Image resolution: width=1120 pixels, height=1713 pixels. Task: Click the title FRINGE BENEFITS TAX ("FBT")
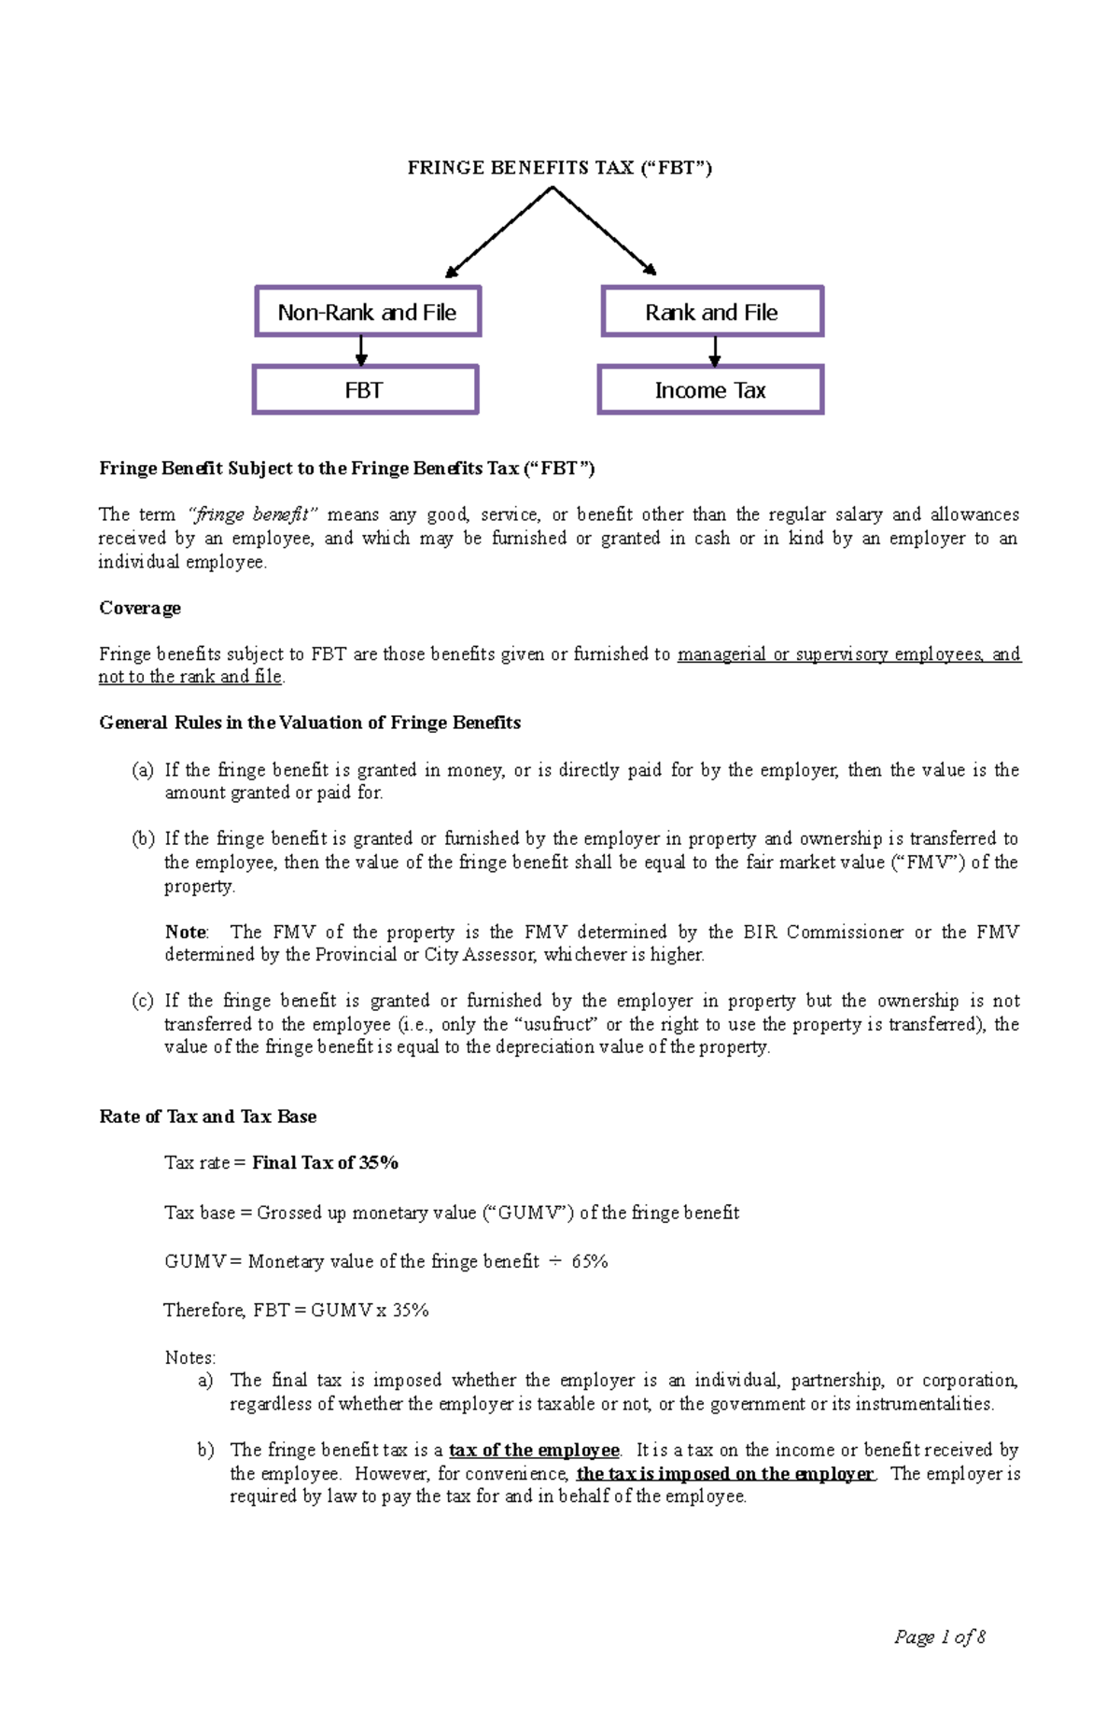tap(559, 168)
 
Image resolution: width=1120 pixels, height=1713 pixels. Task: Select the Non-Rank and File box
tap(368, 312)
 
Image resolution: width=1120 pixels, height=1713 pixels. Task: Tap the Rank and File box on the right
tap(712, 312)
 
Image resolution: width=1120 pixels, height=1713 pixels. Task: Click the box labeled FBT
tap(365, 390)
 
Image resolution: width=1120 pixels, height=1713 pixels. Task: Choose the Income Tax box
tap(710, 390)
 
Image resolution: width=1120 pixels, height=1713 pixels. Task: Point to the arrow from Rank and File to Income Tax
tap(715, 351)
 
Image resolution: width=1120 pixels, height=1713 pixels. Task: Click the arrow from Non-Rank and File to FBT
tap(361, 351)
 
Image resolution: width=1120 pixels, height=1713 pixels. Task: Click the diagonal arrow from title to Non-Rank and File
tap(499, 232)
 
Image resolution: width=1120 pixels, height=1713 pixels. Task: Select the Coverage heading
tap(140, 608)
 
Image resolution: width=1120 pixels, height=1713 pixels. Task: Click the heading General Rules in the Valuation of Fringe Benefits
tap(310, 723)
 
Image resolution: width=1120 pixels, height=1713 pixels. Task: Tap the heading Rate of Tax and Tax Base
tap(207, 1116)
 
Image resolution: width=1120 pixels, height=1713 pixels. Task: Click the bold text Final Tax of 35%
tap(325, 1162)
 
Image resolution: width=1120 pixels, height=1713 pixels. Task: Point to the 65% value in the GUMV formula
tap(590, 1261)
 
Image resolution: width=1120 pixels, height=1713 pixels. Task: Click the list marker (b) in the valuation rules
tap(143, 838)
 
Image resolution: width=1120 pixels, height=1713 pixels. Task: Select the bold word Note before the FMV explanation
tap(185, 932)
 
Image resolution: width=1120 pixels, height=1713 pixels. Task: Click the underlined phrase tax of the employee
tap(534, 1450)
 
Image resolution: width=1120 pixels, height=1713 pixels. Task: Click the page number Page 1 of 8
tap(939, 1636)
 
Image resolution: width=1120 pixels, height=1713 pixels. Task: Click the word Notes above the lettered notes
tap(189, 1357)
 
